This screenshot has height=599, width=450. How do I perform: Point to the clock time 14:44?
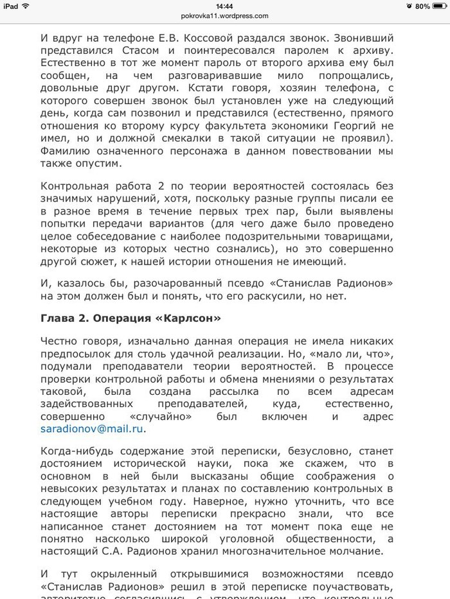(224, 6)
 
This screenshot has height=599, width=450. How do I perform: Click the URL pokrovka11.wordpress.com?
(224, 16)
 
